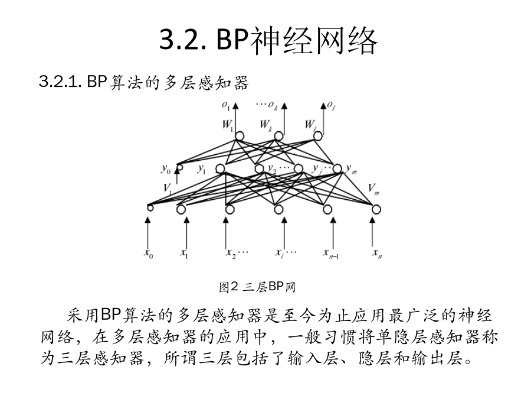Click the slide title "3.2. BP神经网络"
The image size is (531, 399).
coord(268,41)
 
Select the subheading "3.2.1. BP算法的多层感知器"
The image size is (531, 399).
coord(144,82)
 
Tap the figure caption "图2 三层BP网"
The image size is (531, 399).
coord(257,287)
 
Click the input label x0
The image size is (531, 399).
coord(148,254)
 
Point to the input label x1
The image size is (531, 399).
coord(184,254)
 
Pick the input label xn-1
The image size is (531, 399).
coord(331,254)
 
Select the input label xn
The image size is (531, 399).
coord(377,254)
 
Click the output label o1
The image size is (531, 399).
coord(226,106)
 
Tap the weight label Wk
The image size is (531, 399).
coord(266,125)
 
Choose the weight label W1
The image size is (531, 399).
coord(228,125)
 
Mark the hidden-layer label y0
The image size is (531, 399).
coord(166,169)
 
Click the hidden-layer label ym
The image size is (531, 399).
coord(351,168)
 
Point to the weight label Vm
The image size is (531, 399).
coord(374,189)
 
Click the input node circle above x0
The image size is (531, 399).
coord(150,207)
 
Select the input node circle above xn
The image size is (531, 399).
coord(376,209)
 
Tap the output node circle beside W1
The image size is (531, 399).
coord(240,136)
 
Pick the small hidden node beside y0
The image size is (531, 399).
coord(180,167)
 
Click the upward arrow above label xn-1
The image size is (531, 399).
coord(333,233)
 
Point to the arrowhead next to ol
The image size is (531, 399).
coord(323,106)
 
